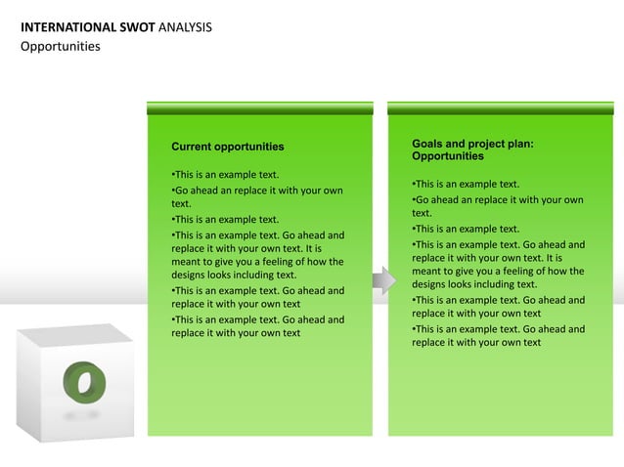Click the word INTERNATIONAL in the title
click(63, 26)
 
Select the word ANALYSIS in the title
click(184, 26)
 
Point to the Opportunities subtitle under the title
click(61, 46)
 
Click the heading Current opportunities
click(228, 147)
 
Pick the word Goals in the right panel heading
click(428, 144)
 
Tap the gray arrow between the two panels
click(383, 282)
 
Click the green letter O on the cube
click(83, 380)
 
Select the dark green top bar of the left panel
click(259, 107)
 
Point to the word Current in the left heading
click(191, 147)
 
